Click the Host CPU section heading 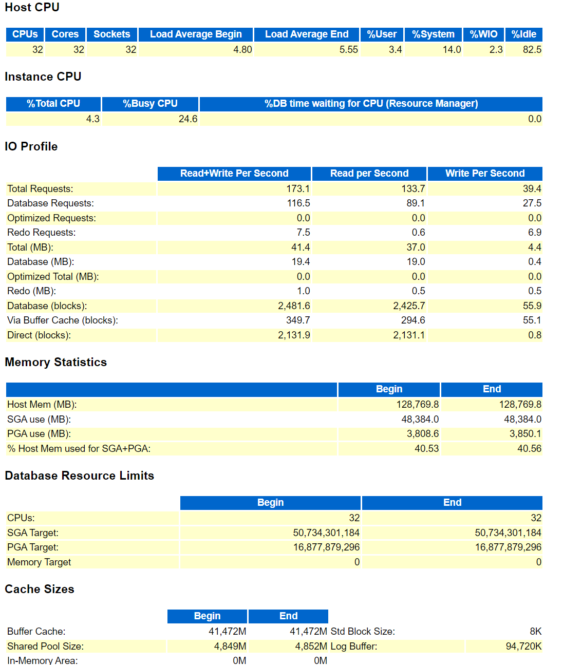pyautogui.click(x=32, y=7)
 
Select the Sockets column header pyautogui.click(x=112, y=34)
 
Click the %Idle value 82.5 pyautogui.click(x=532, y=50)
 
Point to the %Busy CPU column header pyautogui.click(x=150, y=104)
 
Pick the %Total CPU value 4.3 pyautogui.click(x=92, y=119)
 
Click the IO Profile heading pyautogui.click(x=31, y=146)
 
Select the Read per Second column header pyautogui.click(x=369, y=174)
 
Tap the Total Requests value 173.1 pyautogui.click(x=298, y=189)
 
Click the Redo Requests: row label pyautogui.click(x=41, y=233)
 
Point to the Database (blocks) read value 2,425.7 pyautogui.click(x=409, y=306)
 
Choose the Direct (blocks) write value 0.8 pyautogui.click(x=534, y=335)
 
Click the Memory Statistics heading pyautogui.click(x=55, y=362)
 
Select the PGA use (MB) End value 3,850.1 pyautogui.click(x=525, y=434)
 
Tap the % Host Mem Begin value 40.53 pyautogui.click(x=426, y=449)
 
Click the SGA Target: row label pyautogui.click(x=33, y=533)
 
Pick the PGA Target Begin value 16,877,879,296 pyautogui.click(x=326, y=547)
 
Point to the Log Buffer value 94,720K pyautogui.click(x=523, y=647)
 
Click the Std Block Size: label pyautogui.click(x=363, y=632)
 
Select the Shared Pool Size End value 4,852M pyautogui.click(x=311, y=647)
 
